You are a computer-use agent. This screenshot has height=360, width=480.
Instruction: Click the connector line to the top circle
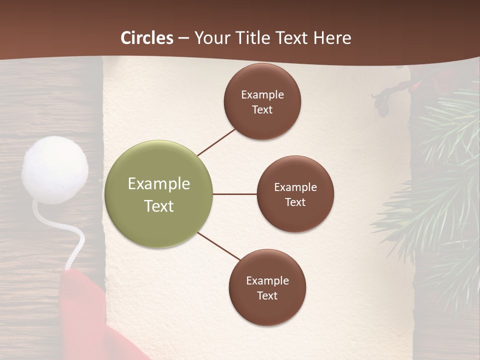pyautogui.click(x=216, y=141)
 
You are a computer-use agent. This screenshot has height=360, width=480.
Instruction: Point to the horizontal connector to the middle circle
pyautogui.click(x=234, y=194)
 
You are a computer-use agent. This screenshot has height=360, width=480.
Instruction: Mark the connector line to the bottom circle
pyautogui.click(x=218, y=246)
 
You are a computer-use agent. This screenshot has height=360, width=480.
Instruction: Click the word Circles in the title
pyautogui.click(x=147, y=38)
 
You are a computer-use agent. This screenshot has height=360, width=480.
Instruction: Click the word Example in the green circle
pyautogui.click(x=159, y=184)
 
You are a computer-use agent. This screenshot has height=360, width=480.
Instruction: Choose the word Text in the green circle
pyautogui.click(x=159, y=206)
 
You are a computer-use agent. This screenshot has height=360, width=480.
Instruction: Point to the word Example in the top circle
pyautogui.click(x=262, y=95)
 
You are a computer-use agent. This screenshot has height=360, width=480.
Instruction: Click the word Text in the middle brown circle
pyautogui.click(x=295, y=202)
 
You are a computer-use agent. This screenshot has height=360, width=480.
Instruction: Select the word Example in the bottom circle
pyautogui.click(x=267, y=281)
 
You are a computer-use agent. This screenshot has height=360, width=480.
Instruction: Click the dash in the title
pyautogui.click(x=183, y=38)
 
